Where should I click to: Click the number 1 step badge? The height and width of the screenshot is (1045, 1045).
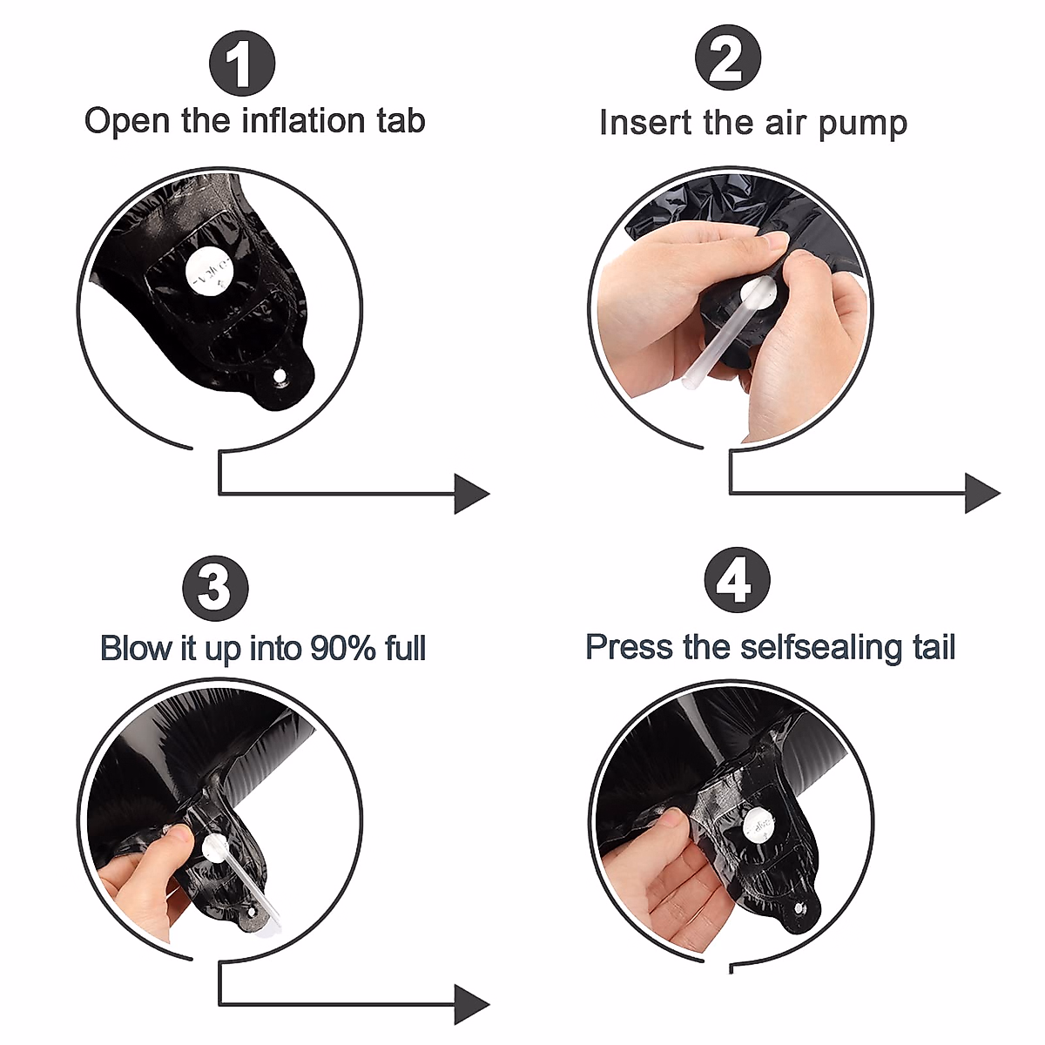click(x=242, y=64)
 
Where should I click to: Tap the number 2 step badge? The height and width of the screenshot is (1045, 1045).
click(x=728, y=57)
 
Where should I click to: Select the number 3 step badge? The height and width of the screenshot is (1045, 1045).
click(x=215, y=589)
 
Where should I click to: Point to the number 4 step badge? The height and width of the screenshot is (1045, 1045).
click(x=737, y=580)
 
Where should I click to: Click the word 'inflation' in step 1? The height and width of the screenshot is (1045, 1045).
click(x=303, y=120)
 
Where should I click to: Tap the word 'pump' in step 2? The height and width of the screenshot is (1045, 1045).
click(x=862, y=125)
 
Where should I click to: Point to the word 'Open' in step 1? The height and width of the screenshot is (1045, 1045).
click(x=127, y=122)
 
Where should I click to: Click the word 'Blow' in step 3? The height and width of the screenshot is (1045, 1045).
click(x=135, y=648)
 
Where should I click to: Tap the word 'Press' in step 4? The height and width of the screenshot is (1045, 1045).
click(x=629, y=648)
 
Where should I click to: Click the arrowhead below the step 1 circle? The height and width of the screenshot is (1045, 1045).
click(x=471, y=494)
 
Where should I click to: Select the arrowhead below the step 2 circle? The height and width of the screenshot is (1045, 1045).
click(x=982, y=493)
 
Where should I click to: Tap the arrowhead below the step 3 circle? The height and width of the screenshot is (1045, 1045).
click(x=471, y=1005)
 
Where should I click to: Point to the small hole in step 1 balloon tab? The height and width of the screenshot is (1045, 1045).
click(x=280, y=376)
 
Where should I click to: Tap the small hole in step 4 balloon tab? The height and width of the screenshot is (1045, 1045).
click(x=799, y=907)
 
